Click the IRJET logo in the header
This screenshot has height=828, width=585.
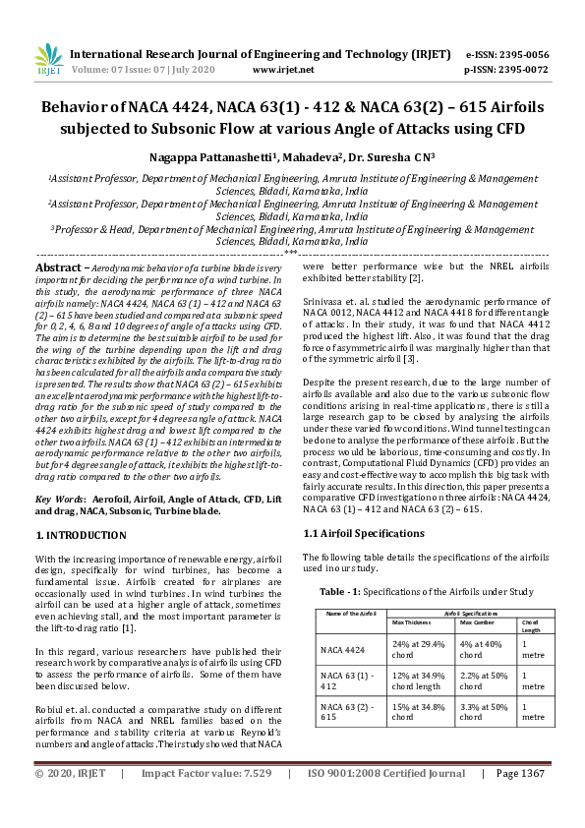click(48, 61)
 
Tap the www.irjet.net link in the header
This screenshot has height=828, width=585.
click(283, 70)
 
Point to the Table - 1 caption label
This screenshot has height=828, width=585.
click(341, 593)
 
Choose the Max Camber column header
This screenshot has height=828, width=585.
click(476, 622)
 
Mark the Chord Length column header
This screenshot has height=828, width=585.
click(530, 625)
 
